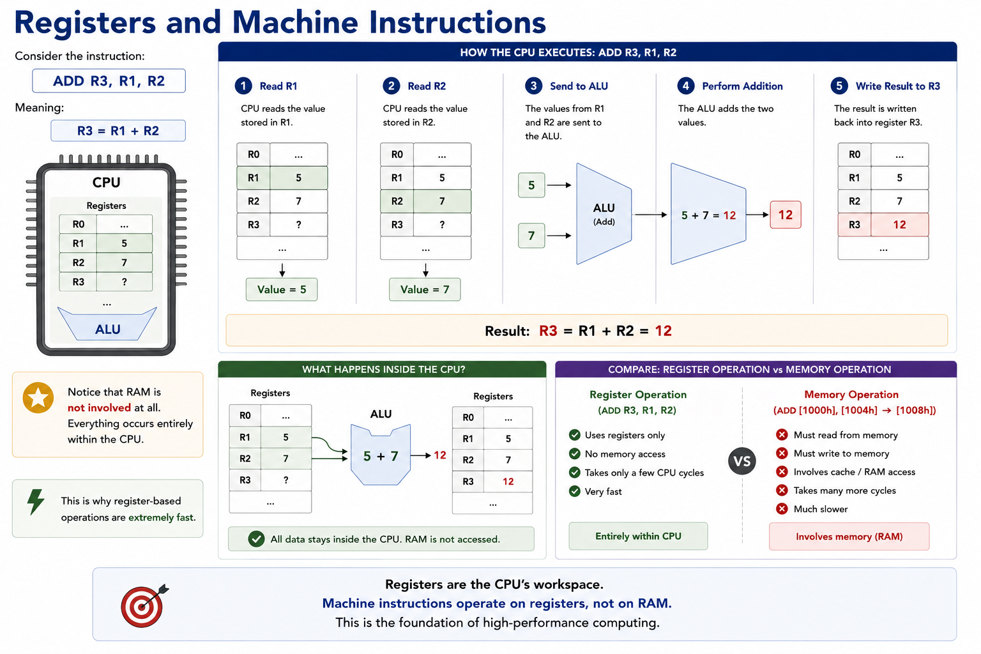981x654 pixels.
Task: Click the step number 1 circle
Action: pos(243,86)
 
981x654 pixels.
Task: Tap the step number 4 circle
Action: pos(686,86)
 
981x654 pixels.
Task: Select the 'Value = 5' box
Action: pos(282,289)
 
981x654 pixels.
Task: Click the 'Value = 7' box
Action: pos(425,289)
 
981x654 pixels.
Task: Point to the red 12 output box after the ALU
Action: pos(786,215)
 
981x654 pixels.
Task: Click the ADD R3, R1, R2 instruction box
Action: pos(109,81)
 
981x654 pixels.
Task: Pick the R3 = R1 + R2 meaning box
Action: pos(118,131)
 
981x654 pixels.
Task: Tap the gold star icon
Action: pos(38,398)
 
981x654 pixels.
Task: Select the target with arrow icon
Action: pos(144,606)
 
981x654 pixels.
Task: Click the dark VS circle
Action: pos(742,461)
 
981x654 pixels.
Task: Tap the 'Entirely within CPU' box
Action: pos(638,536)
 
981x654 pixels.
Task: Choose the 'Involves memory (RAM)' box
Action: pos(849,536)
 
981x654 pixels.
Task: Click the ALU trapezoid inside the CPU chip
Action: pos(107,326)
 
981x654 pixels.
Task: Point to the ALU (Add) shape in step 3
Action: pos(604,214)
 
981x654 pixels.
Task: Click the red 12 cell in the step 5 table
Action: pos(899,225)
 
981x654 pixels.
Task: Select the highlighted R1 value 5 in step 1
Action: pos(299,178)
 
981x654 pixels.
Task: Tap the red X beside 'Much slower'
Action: pos(782,509)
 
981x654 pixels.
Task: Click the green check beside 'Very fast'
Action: pos(575,492)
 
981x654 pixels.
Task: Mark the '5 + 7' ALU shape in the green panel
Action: pos(381,455)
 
